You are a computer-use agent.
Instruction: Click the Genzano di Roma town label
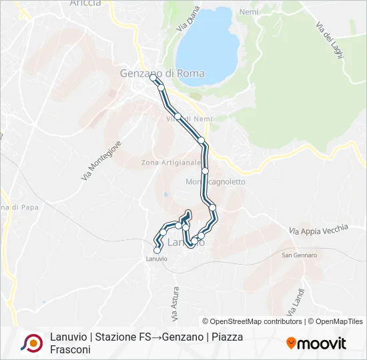pos(162,73)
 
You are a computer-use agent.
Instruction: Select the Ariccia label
pos(85,3)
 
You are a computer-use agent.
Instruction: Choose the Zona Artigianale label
pos(171,162)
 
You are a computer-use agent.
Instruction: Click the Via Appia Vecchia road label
pos(318,229)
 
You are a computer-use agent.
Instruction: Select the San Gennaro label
pos(299,255)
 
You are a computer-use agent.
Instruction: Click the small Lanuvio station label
pos(156,259)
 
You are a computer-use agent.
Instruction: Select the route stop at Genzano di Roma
pos(153,78)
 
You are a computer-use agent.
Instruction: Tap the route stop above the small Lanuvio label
pos(157,250)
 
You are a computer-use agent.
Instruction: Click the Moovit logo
pos(316,343)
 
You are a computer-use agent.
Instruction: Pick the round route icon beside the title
pos(31,343)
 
